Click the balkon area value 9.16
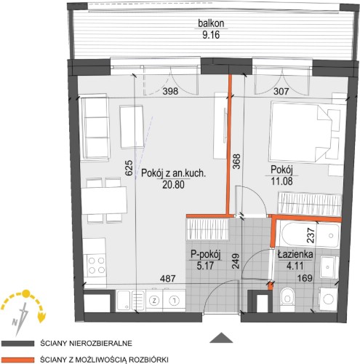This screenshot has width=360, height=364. coord(211,35)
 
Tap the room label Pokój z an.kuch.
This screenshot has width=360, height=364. coord(173,173)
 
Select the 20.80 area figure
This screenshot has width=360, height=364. coord(173,185)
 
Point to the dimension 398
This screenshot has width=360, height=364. coord(170,91)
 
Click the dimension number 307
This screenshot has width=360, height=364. coord(281,91)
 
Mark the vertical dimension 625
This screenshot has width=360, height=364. coord(129,167)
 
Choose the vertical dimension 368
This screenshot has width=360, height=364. coord(236,162)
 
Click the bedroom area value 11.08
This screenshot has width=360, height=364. coord(281,181)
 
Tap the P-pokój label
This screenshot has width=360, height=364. coord(205,255)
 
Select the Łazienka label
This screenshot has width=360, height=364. coord(295,254)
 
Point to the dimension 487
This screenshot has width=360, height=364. coord(167,278)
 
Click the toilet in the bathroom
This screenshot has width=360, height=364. coord(287,299)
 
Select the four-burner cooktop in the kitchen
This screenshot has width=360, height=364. coord(96,265)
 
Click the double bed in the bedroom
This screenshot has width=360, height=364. coord(300,132)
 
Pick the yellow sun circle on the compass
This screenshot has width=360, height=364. coord(25,294)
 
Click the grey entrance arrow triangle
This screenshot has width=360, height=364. coord(221,338)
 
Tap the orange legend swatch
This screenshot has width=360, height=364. coord(17,360)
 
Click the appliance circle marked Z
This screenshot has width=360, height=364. coord(153,301)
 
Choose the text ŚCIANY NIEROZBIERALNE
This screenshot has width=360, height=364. coord(87,344)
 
